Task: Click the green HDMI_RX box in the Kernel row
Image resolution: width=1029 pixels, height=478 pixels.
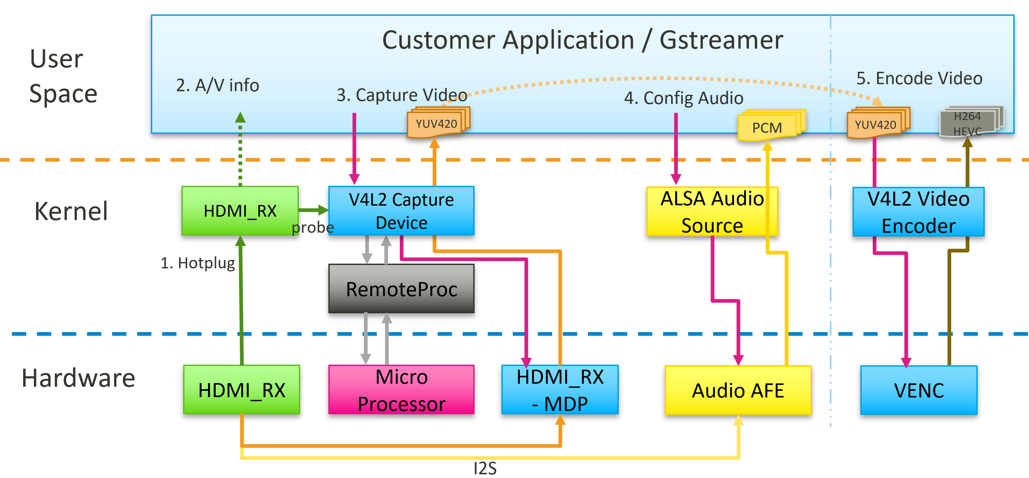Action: (x=240, y=211)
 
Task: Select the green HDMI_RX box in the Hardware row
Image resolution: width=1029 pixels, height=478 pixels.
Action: (x=241, y=390)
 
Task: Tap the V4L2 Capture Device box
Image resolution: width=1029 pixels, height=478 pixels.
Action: (x=401, y=211)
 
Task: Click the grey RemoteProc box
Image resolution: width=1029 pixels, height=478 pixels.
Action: (x=401, y=288)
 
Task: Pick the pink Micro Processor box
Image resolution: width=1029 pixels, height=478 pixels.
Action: (x=401, y=390)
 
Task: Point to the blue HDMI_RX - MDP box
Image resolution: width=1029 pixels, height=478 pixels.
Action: (x=560, y=390)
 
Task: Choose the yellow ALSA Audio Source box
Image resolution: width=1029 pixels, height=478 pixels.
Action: (x=712, y=211)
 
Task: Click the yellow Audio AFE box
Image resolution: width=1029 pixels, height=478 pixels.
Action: (x=738, y=390)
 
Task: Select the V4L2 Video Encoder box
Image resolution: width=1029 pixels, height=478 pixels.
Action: (x=918, y=212)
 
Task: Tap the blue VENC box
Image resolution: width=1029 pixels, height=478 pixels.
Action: (x=919, y=390)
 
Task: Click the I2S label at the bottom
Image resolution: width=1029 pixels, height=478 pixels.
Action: (x=485, y=468)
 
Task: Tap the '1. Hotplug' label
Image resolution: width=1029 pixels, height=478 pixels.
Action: (x=198, y=263)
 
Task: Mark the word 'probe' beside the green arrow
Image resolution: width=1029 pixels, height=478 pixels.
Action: (x=313, y=227)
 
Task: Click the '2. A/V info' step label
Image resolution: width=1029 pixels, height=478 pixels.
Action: (x=217, y=85)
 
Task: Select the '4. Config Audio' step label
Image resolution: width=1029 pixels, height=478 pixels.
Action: (x=684, y=98)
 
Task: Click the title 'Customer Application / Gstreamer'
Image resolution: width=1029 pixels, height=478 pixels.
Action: (x=582, y=40)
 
